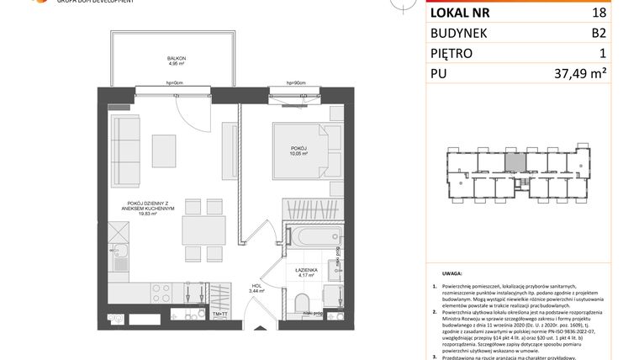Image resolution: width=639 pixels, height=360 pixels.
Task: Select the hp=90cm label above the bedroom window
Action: point(294,83)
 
